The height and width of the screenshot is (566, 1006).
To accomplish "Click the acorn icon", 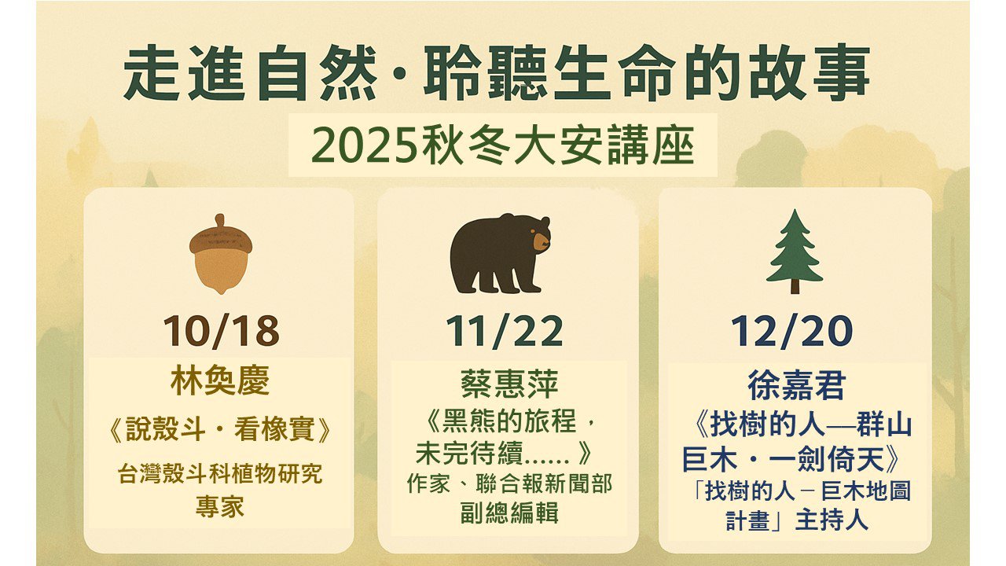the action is coord(221,254).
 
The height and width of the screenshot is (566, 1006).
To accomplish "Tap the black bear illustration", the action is coord(500,254).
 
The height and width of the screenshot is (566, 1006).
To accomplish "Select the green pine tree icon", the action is coord(795,252).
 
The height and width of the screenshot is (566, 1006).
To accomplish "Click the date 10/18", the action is coord(221,331).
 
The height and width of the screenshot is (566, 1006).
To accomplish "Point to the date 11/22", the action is coord(504,331).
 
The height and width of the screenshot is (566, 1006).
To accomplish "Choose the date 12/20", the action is coord(791,331).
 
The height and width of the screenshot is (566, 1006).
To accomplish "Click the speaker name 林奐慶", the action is coord(220,380).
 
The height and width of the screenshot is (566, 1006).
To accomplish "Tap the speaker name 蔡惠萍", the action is coord(509,384).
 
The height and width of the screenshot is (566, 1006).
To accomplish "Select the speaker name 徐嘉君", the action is coord(797,385).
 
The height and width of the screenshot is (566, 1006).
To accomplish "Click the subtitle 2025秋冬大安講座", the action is coord(503,146).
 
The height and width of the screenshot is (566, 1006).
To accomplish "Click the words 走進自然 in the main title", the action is coord(251,72).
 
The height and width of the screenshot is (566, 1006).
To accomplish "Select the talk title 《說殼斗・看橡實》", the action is coord(220,429).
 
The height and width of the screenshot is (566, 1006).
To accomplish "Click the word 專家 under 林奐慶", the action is coord(220,507).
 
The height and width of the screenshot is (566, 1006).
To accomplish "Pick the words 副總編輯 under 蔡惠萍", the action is coord(509,512).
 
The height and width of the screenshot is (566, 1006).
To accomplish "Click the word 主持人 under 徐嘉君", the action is coord(832,520).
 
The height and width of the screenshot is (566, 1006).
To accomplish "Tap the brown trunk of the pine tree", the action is coord(795,287).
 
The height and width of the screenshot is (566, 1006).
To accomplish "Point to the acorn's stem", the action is coord(219,221).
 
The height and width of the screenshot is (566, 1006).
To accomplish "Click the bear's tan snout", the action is coord(541,241).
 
